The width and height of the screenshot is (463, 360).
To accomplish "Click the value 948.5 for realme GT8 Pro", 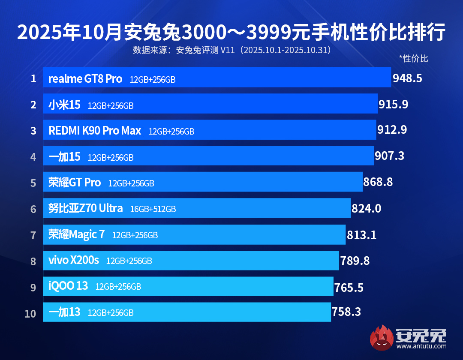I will (407, 78).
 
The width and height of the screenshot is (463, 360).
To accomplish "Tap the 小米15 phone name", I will (64, 105).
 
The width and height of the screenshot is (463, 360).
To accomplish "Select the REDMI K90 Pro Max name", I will (95, 131).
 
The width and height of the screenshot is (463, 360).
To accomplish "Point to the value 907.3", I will (389, 156).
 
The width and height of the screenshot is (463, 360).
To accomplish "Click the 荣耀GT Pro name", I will (75, 183).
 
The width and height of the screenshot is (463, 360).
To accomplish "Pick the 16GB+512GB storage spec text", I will (153, 209).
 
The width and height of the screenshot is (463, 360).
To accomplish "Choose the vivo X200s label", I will (74, 260).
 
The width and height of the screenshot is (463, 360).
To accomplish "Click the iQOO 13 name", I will (68, 286).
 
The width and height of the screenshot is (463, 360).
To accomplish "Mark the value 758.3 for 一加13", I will (346, 312).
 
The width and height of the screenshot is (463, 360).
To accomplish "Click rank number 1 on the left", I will (33, 79).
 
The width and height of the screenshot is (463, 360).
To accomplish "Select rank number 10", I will (30, 313).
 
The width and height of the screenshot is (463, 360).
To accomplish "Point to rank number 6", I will (33, 209).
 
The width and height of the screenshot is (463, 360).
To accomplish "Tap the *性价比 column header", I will (413, 58).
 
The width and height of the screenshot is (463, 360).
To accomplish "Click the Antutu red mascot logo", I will (382, 337).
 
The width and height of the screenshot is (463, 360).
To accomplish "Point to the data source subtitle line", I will (232, 50).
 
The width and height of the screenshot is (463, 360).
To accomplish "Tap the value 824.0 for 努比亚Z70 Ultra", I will (366, 209).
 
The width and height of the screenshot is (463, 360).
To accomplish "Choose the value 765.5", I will (349, 288).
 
